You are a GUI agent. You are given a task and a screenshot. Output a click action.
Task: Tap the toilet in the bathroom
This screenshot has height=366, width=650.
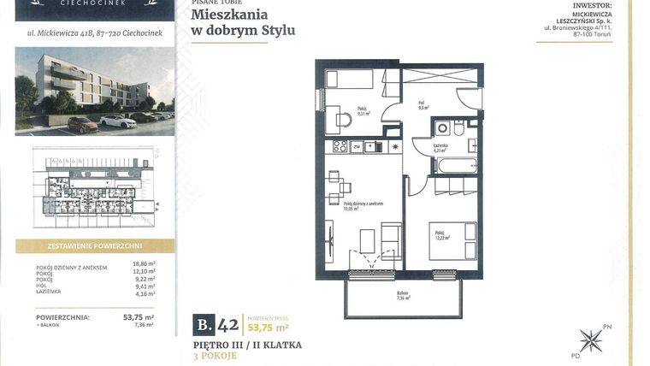[x=458, y=129]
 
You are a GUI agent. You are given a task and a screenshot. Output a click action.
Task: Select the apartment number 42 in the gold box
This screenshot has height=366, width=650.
[x=227, y=324]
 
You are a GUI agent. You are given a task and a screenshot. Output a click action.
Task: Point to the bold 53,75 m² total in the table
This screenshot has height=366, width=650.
[x=139, y=316]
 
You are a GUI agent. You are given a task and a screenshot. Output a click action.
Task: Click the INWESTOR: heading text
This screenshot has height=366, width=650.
[x=600, y=4]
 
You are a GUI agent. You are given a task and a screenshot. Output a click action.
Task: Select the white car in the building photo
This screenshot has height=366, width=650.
[x=118, y=121]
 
